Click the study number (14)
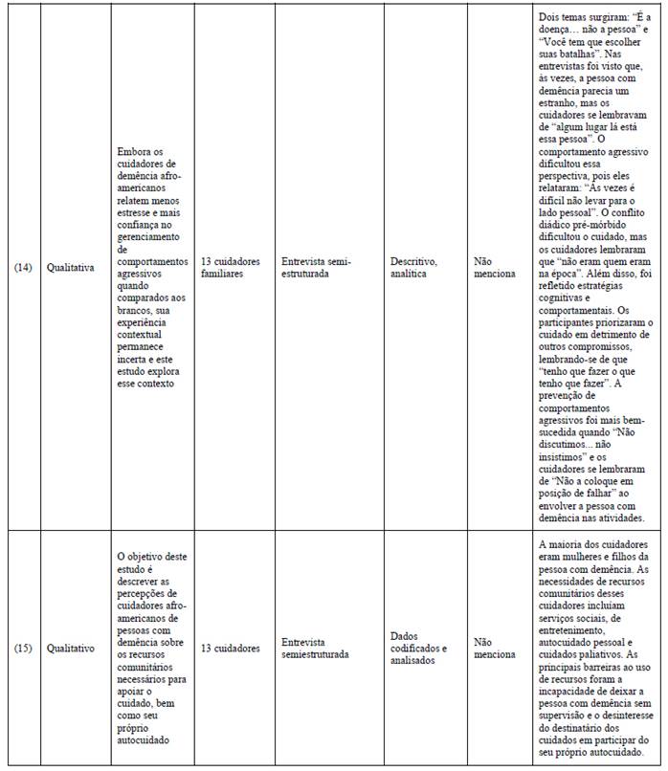point(24,268)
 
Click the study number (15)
point(24,649)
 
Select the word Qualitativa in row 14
point(70,268)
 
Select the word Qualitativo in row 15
point(71,649)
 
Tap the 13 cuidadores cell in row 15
point(230,649)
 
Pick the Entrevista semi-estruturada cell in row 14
point(317,267)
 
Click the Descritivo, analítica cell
point(414,267)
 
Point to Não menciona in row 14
point(495,267)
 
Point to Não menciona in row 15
point(495,649)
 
